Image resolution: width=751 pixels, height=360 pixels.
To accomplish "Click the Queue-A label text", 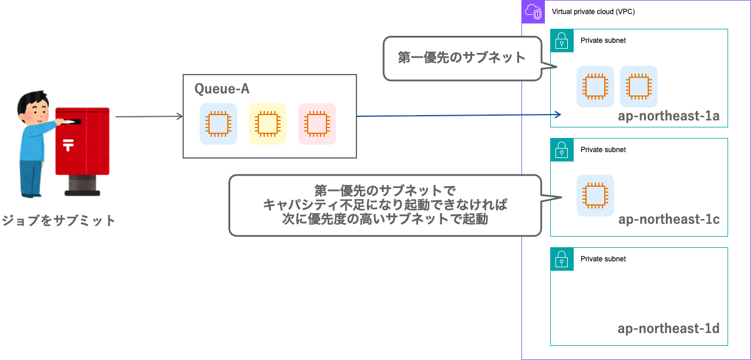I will [x=222, y=89].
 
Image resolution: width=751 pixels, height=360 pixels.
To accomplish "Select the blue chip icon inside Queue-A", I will [x=218, y=124].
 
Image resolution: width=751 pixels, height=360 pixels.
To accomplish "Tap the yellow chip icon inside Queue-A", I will [x=267, y=124].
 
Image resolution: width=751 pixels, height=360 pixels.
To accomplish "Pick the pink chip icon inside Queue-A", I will [x=316, y=124].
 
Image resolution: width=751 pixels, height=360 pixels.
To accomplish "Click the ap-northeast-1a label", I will [x=668, y=116].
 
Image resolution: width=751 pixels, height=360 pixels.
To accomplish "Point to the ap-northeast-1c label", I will [x=668, y=220].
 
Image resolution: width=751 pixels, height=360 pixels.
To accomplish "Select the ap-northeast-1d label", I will [x=668, y=328].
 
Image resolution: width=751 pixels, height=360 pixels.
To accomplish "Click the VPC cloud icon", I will [x=533, y=12].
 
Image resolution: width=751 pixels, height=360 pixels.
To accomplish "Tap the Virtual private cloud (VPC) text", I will [x=593, y=12].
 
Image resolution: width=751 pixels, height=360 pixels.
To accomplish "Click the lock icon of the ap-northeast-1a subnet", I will [x=562, y=41].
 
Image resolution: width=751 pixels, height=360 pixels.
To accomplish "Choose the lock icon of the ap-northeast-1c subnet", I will [x=562, y=150].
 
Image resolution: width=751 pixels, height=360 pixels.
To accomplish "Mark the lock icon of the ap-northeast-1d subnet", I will [x=562, y=259].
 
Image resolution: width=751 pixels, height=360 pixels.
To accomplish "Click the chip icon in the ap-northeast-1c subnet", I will [x=595, y=196].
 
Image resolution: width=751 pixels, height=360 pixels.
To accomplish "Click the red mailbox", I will [x=82, y=144].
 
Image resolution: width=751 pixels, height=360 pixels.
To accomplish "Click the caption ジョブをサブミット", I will [x=58, y=221].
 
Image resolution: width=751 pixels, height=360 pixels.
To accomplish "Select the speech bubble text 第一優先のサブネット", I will [x=461, y=58].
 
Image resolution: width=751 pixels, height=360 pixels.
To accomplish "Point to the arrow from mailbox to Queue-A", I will [x=150, y=117].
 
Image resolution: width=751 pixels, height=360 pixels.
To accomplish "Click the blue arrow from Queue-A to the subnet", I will [x=458, y=115].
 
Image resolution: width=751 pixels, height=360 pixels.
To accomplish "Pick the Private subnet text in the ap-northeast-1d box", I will [x=603, y=259].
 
